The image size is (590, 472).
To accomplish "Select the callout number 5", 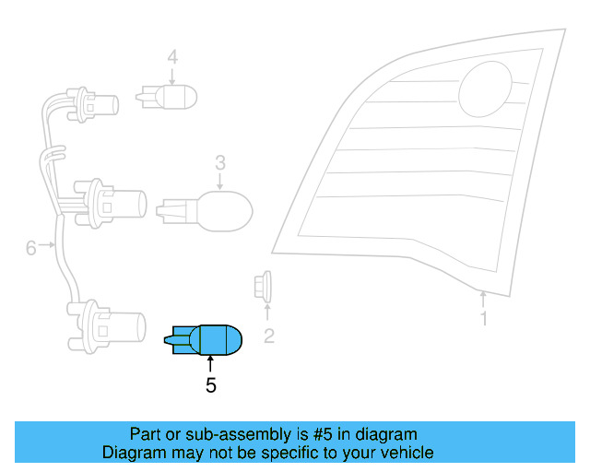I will point(211,385).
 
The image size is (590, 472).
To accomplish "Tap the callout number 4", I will point(172,58).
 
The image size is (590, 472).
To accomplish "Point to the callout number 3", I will point(220,163).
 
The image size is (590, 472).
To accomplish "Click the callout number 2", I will point(269,336).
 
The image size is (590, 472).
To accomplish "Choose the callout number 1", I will point(484,320).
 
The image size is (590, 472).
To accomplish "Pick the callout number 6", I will point(30,247).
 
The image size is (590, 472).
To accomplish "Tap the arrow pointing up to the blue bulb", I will point(211,366).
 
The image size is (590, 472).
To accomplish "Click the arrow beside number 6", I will point(50,247).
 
